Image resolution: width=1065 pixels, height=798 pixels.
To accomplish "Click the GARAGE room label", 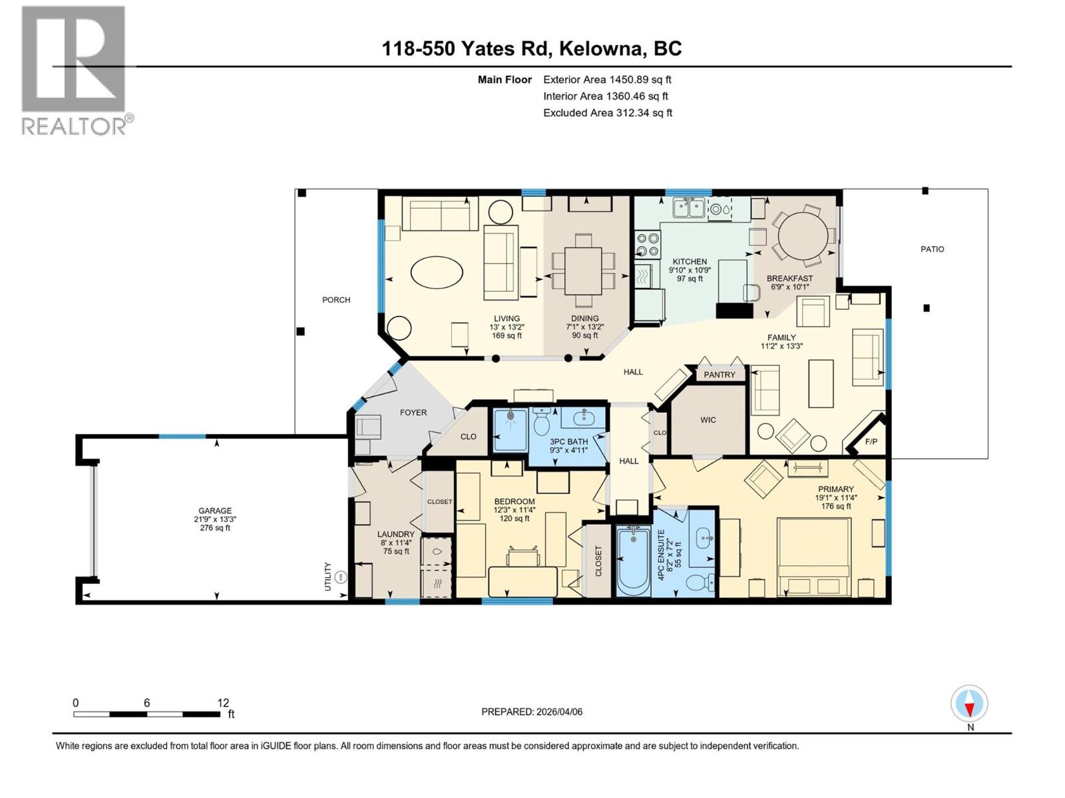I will click(214, 511).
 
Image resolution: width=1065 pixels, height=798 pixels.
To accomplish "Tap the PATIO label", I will click(932, 249).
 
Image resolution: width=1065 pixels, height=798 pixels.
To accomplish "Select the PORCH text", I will click(336, 300).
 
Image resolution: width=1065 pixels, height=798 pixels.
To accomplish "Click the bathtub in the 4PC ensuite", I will click(633, 560).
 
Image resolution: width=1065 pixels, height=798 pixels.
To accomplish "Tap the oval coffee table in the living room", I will click(437, 272).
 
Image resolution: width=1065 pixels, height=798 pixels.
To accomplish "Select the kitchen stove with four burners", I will click(648, 244).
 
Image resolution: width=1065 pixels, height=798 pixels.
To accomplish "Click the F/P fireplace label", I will click(871, 442).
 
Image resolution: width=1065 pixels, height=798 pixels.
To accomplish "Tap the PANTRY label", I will click(720, 375).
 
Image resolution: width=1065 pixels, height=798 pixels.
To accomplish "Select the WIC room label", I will click(708, 420).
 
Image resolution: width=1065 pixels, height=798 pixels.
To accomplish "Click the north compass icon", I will click(970, 704).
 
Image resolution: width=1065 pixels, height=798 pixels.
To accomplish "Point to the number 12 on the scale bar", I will click(223, 703).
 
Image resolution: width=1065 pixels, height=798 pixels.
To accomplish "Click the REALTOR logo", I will click(75, 70).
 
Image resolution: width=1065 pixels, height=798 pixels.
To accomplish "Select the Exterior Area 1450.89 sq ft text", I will click(607, 80).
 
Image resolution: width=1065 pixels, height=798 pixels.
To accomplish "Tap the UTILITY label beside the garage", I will click(327, 577).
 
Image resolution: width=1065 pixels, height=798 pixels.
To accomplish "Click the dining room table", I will click(583, 271).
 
